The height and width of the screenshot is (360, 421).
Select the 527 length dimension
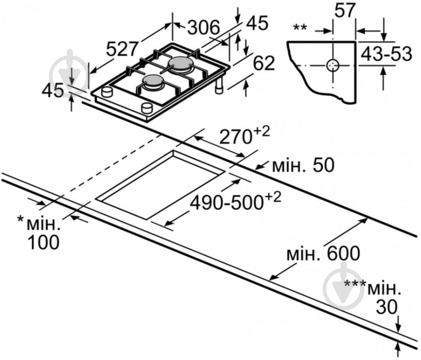(x=122, y=49)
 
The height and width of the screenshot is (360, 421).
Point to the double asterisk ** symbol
(x=300, y=26)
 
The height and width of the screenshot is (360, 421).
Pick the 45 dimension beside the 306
(x=257, y=23)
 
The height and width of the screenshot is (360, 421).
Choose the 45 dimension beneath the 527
(x=52, y=91)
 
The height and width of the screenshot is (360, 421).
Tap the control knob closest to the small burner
(x=147, y=107)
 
